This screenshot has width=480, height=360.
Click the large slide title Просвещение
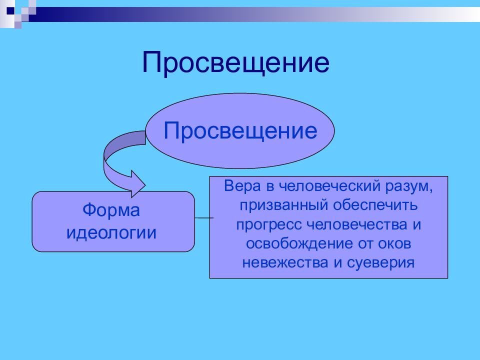click(x=235, y=63)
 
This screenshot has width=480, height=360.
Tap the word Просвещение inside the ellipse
click(x=240, y=131)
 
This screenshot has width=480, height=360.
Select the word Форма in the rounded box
click(x=111, y=210)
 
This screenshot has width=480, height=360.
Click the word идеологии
click(x=111, y=232)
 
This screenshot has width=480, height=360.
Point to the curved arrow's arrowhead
click(x=138, y=184)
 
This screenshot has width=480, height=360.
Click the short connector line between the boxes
click(x=204, y=218)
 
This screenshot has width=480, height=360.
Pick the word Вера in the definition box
click(x=242, y=186)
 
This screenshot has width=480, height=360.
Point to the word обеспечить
click(x=375, y=205)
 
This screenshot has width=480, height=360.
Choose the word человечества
click(x=356, y=224)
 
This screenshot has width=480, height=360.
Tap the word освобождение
click(x=299, y=243)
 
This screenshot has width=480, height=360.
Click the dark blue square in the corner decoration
click(x=10, y=10)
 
